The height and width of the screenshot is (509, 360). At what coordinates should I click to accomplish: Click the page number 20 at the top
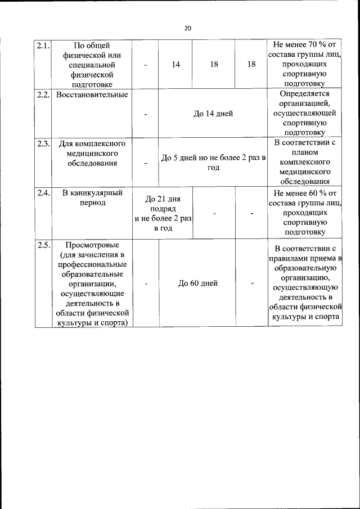[188, 28]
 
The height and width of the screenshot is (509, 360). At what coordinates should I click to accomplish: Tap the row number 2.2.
[43, 94]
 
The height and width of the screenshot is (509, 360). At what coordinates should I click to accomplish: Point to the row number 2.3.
[43, 143]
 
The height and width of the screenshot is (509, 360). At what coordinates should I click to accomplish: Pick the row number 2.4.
[43, 193]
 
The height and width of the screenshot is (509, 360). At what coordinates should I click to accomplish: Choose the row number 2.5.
[43, 245]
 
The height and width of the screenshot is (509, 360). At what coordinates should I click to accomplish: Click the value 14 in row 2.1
[176, 65]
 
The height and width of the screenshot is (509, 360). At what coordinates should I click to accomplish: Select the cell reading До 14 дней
[213, 114]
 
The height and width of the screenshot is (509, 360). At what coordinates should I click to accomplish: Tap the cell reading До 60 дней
[198, 283]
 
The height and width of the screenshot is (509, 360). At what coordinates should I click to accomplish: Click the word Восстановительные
[92, 94]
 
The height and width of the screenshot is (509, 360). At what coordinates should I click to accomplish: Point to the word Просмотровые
[92, 245]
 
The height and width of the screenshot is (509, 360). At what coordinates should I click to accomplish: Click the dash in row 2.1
[146, 65]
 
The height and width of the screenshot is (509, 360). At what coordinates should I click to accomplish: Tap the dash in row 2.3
[146, 164]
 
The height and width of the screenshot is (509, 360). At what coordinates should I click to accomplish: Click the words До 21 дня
[163, 199]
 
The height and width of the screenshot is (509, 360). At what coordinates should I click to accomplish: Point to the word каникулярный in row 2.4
[96, 193]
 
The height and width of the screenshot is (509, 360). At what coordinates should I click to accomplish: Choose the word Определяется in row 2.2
[304, 94]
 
